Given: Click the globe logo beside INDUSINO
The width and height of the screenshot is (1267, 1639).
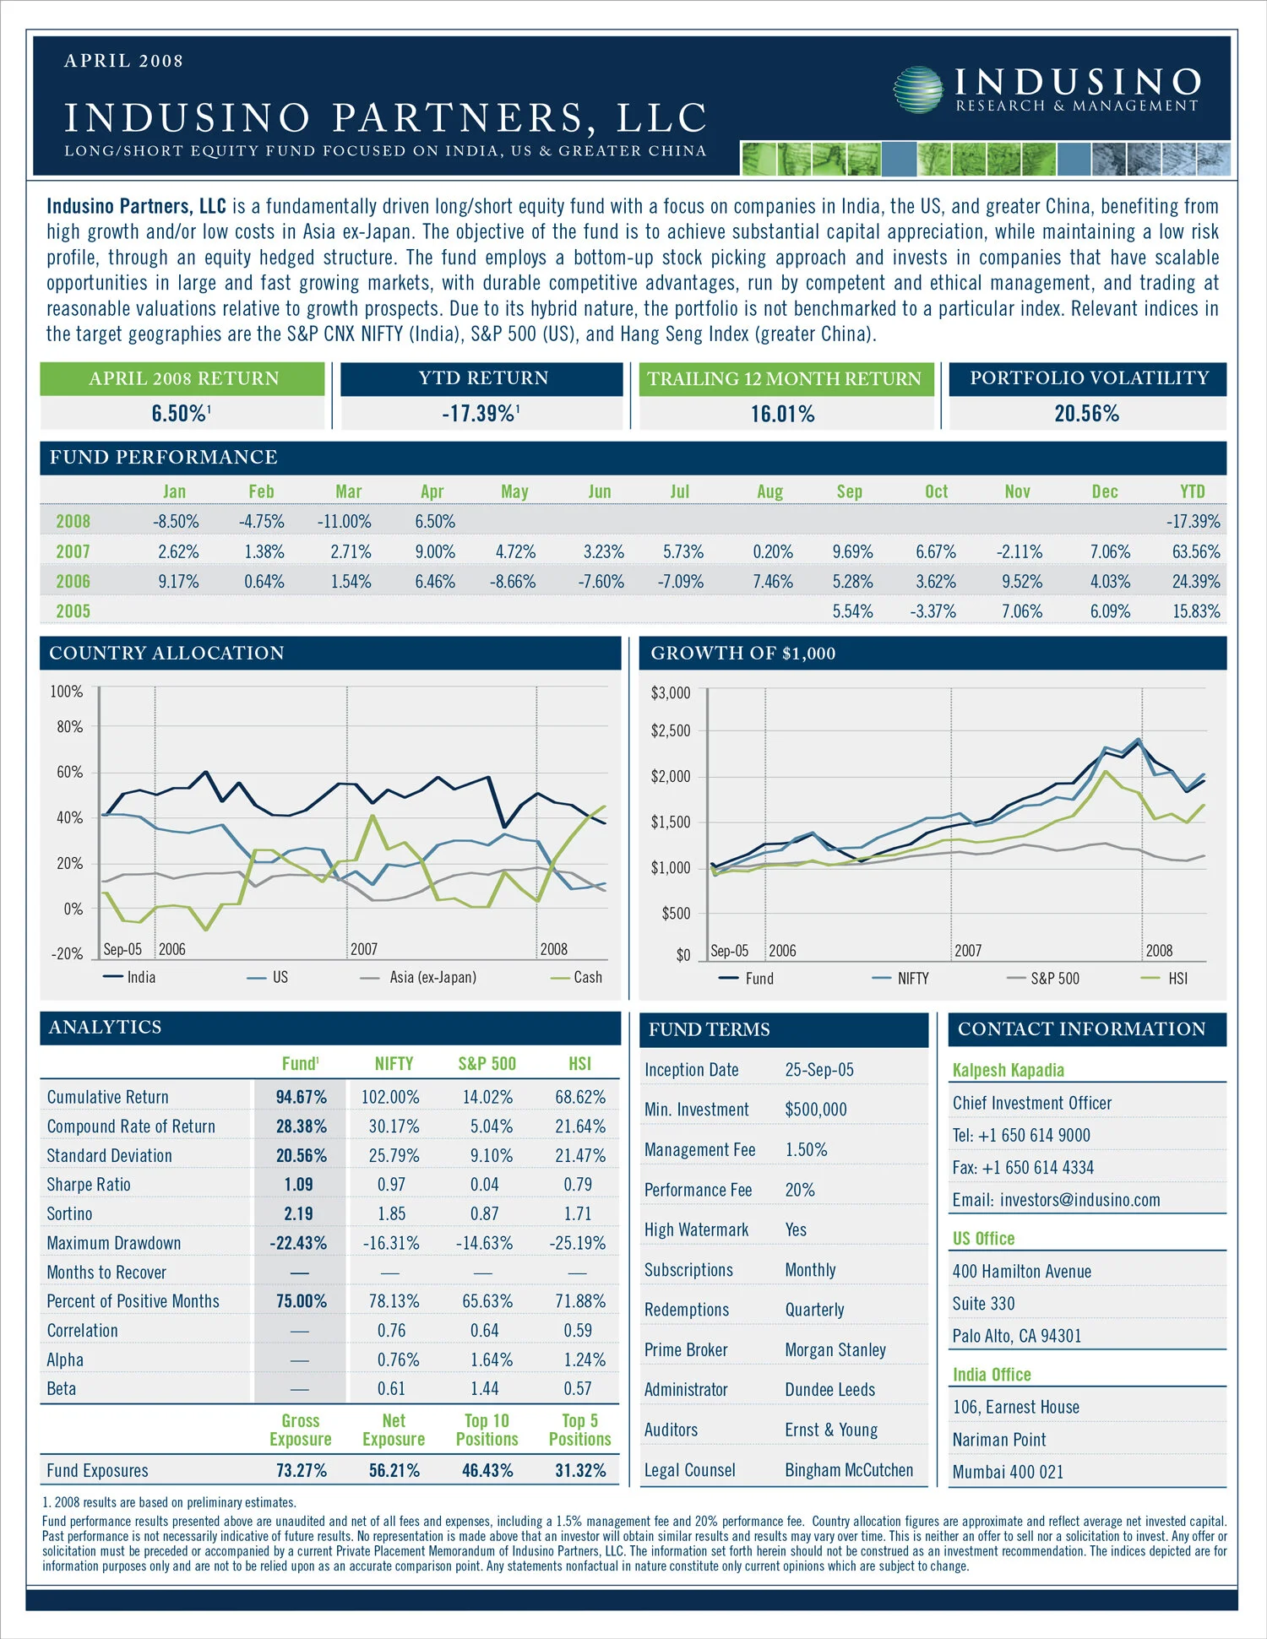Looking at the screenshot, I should point(918,90).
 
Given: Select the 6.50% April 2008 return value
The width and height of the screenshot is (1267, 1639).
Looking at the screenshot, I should point(179,414).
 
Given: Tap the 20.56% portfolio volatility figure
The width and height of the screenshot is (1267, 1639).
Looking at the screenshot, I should point(1086,414).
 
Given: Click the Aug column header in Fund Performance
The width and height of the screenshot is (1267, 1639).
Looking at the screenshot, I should point(769,491).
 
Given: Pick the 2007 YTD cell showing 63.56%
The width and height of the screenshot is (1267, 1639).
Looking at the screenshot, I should point(1195,552).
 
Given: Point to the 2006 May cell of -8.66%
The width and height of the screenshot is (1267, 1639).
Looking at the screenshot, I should point(513,582).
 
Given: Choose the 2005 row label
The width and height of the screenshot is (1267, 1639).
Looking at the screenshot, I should point(73,611).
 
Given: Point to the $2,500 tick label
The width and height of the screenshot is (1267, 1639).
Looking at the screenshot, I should point(671,731).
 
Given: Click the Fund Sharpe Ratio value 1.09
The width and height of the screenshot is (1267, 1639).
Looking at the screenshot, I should point(299,1185).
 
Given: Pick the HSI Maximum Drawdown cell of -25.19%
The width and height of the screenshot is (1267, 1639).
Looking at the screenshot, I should point(579,1243).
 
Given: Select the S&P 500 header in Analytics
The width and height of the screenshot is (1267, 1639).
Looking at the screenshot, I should point(487,1064).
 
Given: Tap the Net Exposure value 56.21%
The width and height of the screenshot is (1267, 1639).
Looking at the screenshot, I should point(394,1471).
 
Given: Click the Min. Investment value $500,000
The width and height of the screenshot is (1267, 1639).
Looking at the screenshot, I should point(815,1110).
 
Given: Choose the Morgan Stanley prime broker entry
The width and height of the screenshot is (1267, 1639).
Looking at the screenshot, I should point(835,1350).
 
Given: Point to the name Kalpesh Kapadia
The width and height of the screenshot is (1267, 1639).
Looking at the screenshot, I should point(1008,1070).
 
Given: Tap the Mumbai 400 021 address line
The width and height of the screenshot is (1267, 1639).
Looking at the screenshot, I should point(1008,1472).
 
